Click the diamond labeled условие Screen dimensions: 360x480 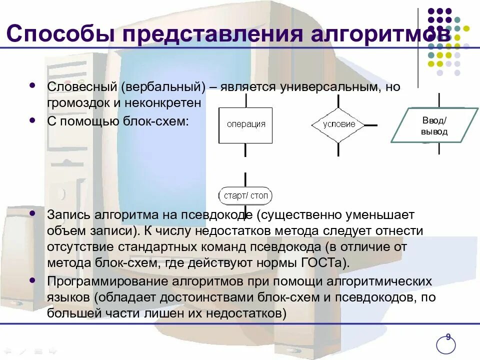338,124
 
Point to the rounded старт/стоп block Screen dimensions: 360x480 245,195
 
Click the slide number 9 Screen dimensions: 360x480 448,337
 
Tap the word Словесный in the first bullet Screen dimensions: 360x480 81,86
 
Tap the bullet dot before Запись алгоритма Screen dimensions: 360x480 33,213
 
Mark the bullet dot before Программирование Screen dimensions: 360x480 33,280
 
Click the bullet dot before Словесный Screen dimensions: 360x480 33,85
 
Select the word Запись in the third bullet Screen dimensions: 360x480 68,215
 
